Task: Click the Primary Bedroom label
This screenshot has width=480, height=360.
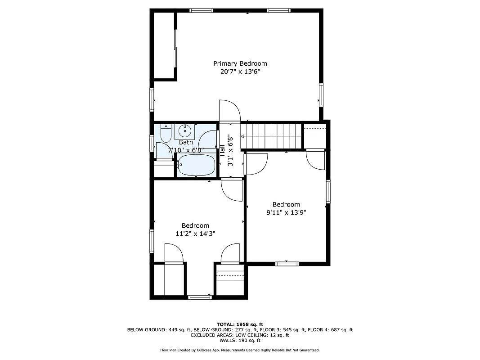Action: (240, 63)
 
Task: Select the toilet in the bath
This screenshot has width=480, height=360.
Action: (165, 134)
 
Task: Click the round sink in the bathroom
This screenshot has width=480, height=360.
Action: (184, 131)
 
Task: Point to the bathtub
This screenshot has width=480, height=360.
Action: (197, 165)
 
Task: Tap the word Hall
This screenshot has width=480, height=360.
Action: (222, 150)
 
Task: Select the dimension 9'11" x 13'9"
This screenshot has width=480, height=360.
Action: (286, 212)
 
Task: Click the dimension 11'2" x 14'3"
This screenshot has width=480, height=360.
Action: (195, 234)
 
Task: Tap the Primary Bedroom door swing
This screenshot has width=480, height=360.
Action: (229, 110)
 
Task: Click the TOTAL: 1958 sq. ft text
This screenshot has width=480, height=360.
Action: (240, 324)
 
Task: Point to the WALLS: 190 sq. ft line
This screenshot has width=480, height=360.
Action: (240, 341)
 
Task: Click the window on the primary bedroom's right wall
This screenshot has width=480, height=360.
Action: (321, 94)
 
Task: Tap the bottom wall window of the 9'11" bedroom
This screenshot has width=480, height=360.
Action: (287, 263)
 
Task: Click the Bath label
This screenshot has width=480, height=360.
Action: (186, 142)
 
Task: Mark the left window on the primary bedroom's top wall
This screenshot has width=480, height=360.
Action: (201, 10)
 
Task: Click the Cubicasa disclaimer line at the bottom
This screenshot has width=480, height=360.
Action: (240, 350)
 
